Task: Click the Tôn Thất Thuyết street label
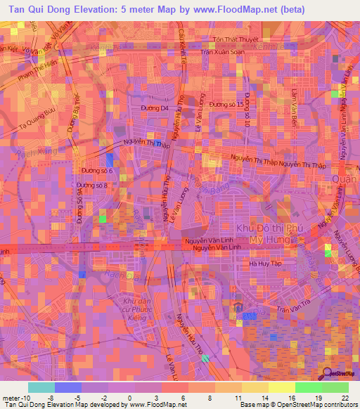[x=237, y=39]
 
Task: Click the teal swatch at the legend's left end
[x=41, y=387]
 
